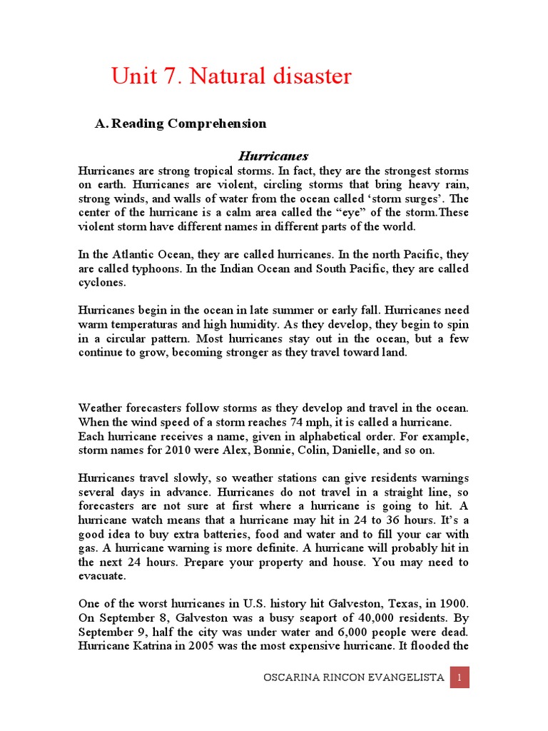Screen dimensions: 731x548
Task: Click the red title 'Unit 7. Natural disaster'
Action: pos(231,76)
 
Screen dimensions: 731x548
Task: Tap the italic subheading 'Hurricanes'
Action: pos(273,156)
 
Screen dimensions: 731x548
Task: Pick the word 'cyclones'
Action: pos(101,282)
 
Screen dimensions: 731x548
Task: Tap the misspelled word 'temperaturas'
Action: pos(141,324)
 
